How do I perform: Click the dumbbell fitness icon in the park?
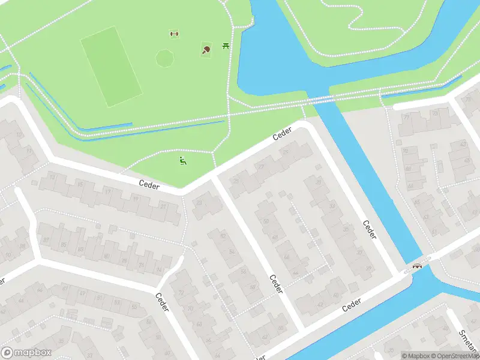coord(175,34)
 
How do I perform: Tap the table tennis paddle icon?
coord(206,50)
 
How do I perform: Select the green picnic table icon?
coord(226,46)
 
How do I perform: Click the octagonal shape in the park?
coord(165,58)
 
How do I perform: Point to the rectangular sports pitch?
coord(112,67)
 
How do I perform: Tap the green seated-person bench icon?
coord(182,160)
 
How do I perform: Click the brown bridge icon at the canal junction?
coord(418,265)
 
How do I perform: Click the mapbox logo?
coord(27,353)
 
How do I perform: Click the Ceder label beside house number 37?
coord(369,230)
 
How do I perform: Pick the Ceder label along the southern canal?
coord(353,305)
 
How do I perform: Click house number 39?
coord(368,268)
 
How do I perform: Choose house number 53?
coord(136,307)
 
